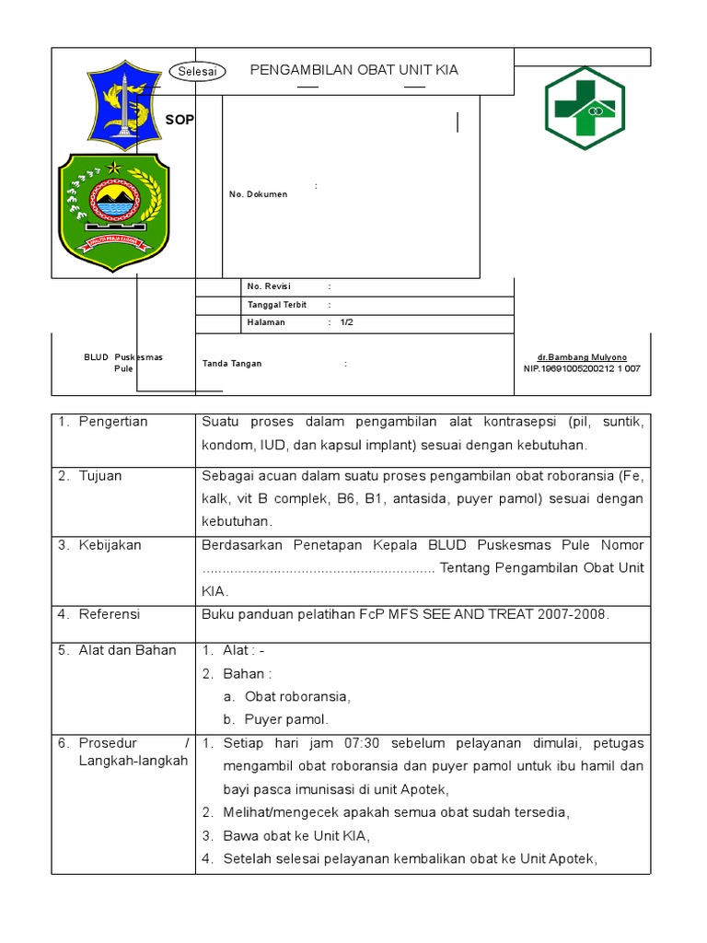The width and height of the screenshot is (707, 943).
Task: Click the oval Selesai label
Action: click(x=198, y=73)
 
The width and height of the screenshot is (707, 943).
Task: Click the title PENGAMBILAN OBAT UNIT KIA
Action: click(x=354, y=70)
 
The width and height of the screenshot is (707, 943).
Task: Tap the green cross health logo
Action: click(x=584, y=109)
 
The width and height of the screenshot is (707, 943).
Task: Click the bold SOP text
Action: click(x=180, y=120)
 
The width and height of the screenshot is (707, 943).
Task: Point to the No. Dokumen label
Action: click(x=258, y=194)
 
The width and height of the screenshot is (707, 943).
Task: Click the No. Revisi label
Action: click(x=269, y=286)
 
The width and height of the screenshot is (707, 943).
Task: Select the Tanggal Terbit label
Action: click(x=277, y=305)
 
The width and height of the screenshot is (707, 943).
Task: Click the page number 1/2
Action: click(x=346, y=322)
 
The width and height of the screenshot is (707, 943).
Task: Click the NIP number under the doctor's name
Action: click(x=582, y=368)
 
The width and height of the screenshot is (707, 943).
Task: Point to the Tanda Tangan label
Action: click(x=232, y=364)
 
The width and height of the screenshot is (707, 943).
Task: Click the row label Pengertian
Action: click(x=113, y=422)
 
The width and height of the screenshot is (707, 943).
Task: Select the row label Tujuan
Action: click(x=100, y=476)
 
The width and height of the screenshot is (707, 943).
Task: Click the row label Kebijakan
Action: click(x=110, y=545)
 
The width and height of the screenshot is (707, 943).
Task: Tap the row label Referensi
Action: click(x=110, y=614)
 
